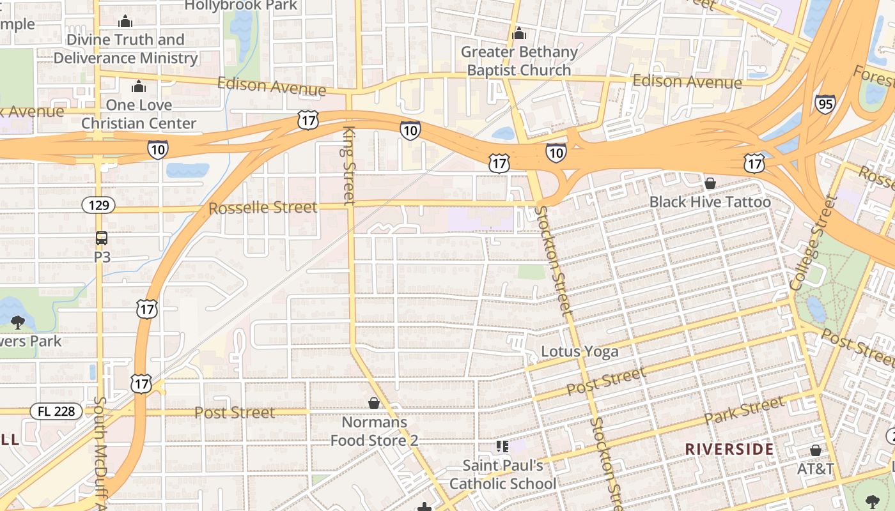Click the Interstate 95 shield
coord(825,103)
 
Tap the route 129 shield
coord(98,205)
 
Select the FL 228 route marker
coord(56,411)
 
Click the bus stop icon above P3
coord(102,238)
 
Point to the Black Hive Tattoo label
coord(710,202)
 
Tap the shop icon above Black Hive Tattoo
coord(710,184)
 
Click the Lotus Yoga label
coord(579,351)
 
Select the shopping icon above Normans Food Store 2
coord(374,403)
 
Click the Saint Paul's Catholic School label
coord(502,475)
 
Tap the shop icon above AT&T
coord(815,450)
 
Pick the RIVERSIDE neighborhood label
coord(729,449)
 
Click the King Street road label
coord(349,165)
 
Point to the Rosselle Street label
coord(263,208)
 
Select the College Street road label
coord(814,243)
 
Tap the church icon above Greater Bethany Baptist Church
coord(519,33)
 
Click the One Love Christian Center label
coord(139,114)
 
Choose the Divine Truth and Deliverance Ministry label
coord(125,49)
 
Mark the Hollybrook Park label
coord(241,6)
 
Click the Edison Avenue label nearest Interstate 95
coord(687,82)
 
